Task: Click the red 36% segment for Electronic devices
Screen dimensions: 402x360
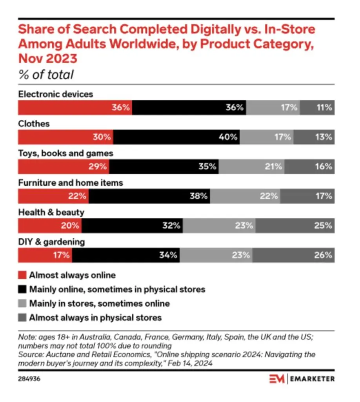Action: [x=75, y=108]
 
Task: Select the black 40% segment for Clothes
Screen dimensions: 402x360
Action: [x=176, y=137]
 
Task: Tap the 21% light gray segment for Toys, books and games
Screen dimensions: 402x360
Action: [x=252, y=166]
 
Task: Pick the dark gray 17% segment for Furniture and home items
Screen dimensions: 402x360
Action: [x=307, y=196]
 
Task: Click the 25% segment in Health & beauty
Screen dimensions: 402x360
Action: [x=295, y=226]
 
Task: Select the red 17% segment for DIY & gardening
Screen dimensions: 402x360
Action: [x=45, y=255]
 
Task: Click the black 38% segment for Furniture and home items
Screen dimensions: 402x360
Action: [x=149, y=196]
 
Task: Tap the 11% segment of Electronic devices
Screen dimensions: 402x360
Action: [x=317, y=108]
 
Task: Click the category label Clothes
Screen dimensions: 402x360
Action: [x=34, y=124]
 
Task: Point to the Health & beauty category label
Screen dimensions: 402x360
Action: [x=51, y=212]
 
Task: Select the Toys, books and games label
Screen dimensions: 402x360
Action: [x=66, y=153]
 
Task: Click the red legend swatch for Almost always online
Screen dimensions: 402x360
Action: [x=22, y=275]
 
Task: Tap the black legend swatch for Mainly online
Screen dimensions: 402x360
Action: [x=22, y=289]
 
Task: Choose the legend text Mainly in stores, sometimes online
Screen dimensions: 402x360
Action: [x=100, y=303]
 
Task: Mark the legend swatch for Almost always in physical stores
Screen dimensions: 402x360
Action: [x=22, y=317]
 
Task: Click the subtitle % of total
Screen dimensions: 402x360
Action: [x=46, y=75]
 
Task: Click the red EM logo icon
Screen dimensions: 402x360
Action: [x=277, y=379]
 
